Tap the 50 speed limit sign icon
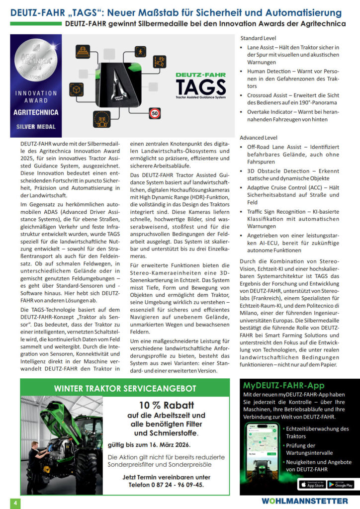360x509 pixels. [155, 113]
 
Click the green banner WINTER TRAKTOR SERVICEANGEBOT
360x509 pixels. [125, 388]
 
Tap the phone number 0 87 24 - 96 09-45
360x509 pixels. [172, 485]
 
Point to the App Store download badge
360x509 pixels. [311, 483]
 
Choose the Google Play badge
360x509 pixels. [340, 483]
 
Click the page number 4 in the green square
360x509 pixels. [15, 503]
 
